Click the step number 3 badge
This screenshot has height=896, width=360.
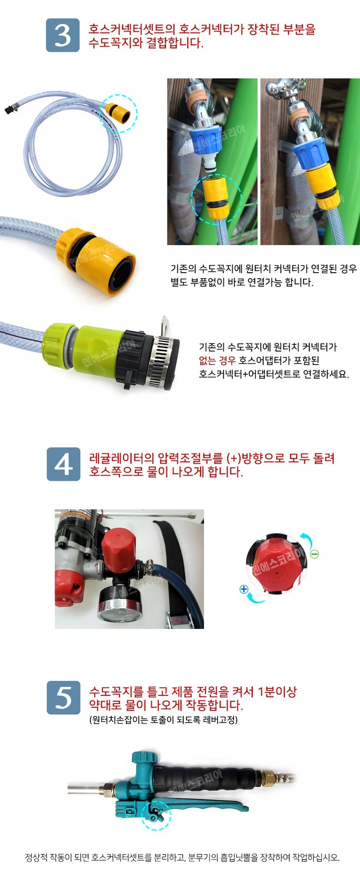(x=63, y=35)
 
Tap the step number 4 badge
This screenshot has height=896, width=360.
(x=63, y=464)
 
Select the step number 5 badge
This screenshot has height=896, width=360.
(x=63, y=698)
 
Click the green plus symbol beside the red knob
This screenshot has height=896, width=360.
(x=244, y=589)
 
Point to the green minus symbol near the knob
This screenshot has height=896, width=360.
(x=314, y=554)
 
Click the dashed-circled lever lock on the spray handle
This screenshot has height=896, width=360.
(x=157, y=814)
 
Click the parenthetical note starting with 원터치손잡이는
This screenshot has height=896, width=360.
(x=163, y=720)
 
